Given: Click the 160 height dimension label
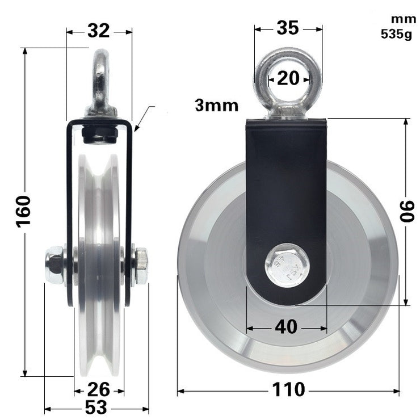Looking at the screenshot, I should pyautogui.click(x=23, y=211).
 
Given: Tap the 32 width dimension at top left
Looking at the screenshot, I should pyautogui.click(x=98, y=31).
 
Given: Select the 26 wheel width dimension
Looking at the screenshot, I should pyautogui.click(x=99, y=390).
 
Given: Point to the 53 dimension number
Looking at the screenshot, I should pyautogui.click(x=96, y=408).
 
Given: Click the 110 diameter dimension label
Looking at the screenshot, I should pyautogui.click(x=288, y=390).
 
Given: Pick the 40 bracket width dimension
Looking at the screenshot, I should pyautogui.click(x=286, y=327).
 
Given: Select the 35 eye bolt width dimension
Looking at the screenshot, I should pyautogui.click(x=288, y=27).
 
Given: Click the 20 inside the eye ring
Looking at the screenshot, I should pyautogui.click(x=288, y=78).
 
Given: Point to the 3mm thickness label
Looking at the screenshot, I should pyautogui.click(x=216, y=105).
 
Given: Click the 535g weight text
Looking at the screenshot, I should pyautogui.click(x=397, y=33).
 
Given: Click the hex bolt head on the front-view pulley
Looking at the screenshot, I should pyautogui.click(x=287, y=265).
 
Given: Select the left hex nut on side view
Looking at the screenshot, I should pyautogui.click(x=54, y=265).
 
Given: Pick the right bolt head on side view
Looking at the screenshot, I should pyautogui.click(x=140, y=265).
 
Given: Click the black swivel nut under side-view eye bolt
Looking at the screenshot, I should pyautogui.click(x=100, y=134).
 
